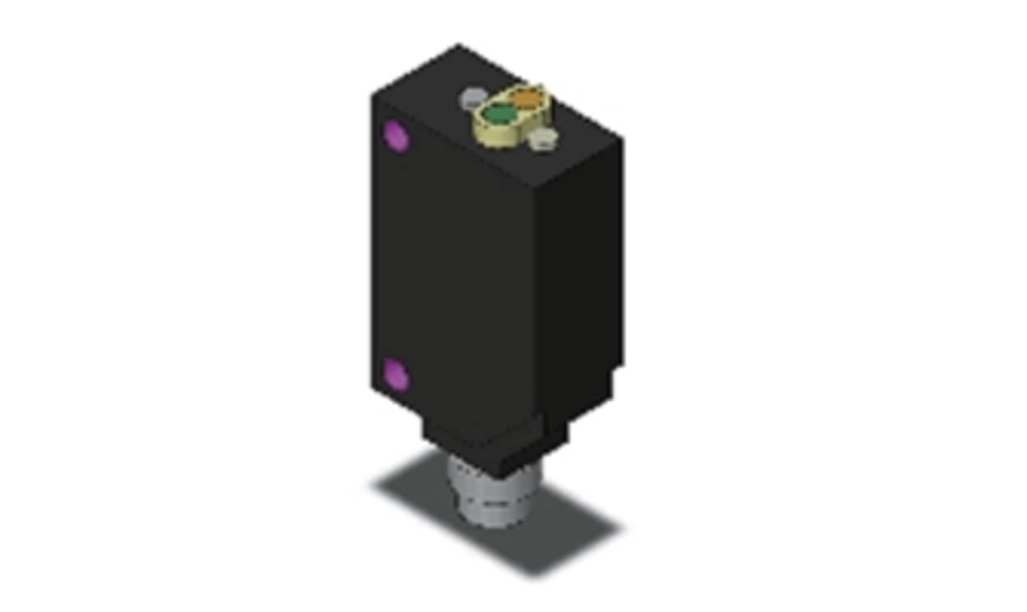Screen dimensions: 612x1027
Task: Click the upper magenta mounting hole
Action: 397,136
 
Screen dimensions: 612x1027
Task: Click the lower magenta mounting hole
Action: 397,375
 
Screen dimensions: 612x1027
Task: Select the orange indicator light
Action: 527,99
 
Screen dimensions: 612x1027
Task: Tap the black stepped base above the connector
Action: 485,448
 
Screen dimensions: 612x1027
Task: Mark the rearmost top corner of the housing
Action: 458,46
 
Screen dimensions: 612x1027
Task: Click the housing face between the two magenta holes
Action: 452,263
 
